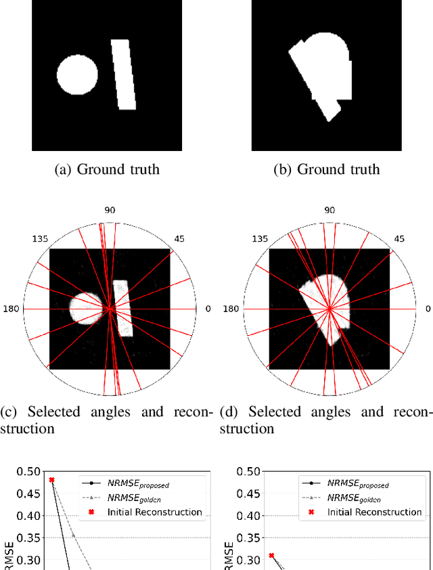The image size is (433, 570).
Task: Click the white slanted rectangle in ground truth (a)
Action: point(126,74)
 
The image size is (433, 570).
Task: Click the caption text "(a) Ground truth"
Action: point(107,169)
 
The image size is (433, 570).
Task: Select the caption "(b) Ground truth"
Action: point(327,169)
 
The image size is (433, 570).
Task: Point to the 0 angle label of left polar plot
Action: point(208,309)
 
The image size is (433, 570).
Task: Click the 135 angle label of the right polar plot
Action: point(259,238)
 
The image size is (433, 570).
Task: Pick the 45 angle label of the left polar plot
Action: point(179,238)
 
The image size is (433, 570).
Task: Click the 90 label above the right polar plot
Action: point(329,211)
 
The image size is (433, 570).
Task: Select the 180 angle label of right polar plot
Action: point(232,309)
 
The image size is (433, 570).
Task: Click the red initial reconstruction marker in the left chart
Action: point(51,480)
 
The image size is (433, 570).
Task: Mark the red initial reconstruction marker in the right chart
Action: point(271,556)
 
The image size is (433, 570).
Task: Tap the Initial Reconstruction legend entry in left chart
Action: point(154,512)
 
